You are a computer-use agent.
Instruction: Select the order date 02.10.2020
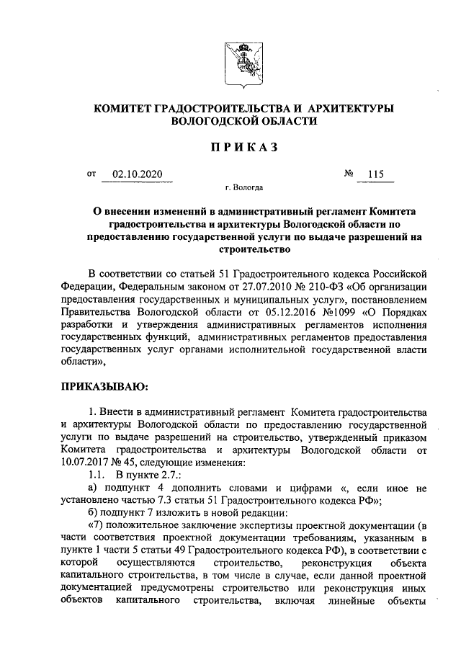tap(138, 174)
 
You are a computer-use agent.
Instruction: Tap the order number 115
tap(375, 174)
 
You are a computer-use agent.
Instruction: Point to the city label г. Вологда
tap(243, 188)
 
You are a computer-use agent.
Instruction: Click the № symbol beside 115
tap(350, 174)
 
